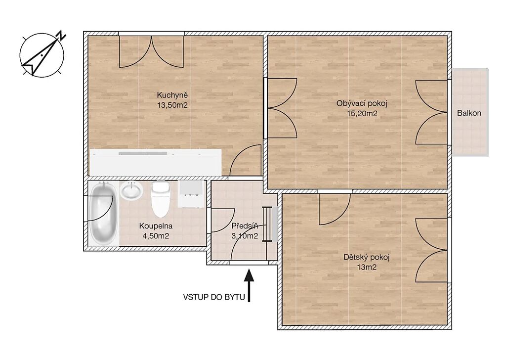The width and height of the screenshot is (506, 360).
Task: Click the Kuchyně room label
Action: (x=172, y=95)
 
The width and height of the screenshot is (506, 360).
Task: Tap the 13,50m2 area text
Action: (x=172, y=105)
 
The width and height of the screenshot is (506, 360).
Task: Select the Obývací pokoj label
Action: (x=362, y=104)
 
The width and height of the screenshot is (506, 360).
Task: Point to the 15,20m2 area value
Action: (x=362, y=113)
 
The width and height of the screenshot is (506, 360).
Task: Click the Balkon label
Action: (x=469, y=113)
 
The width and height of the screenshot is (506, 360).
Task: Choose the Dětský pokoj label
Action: (x=367, y=258)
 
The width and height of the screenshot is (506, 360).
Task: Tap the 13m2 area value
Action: (x=367, y=268)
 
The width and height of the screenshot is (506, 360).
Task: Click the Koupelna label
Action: (x=156, y=226)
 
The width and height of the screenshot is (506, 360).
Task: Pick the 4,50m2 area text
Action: (x=156, y=236)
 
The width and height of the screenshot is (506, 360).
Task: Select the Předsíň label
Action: (x=245, y=226)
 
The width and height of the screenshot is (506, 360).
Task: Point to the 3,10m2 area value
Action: (x=245, y=236)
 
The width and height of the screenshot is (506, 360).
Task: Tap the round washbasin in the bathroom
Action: (x=131, y=190)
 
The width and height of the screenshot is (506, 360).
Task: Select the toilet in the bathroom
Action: (x=161, y=199)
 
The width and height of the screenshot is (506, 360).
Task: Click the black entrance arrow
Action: (x=249, y=285)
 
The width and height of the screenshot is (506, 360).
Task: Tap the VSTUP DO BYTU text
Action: (x=214, y=297)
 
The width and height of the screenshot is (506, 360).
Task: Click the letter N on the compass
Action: (x=61, y=36)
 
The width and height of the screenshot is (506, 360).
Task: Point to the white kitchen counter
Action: (x=156, y=162)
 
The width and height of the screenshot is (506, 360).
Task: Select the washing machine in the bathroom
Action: (x=191, y=194)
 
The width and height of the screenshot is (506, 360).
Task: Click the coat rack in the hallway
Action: (x=267, y=224)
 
